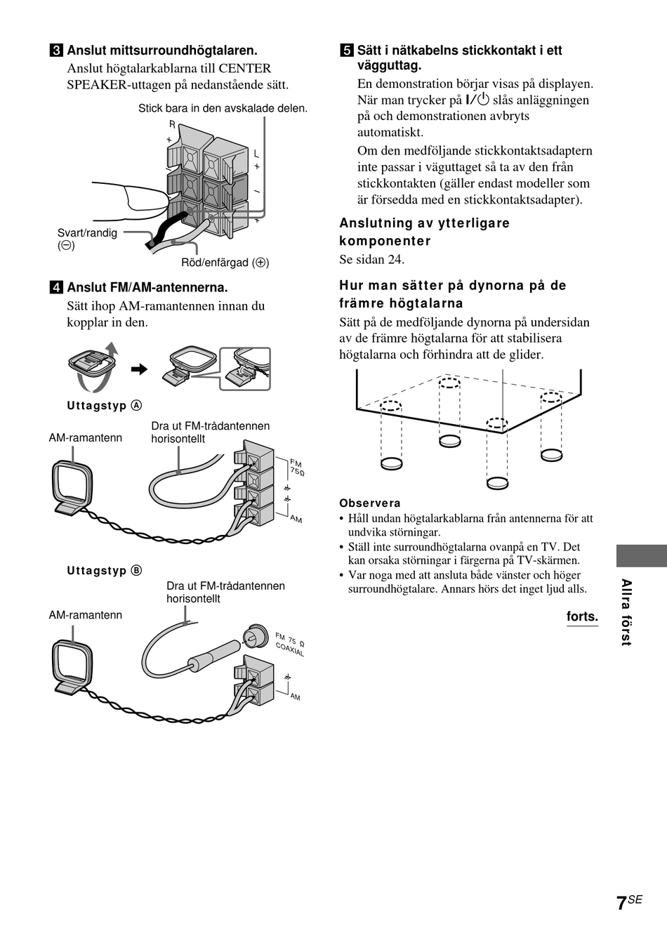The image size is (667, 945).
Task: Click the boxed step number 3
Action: tap(55, 51)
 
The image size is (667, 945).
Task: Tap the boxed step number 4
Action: tap(55, 288)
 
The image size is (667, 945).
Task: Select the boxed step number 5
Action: tap(346, 51)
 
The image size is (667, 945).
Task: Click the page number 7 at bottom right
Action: tap(621, 904)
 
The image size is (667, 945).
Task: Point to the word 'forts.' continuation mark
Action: tap(582, 616)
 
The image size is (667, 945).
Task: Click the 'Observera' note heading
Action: tap(370, 503)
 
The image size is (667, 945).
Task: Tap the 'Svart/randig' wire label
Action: tap(87, 233)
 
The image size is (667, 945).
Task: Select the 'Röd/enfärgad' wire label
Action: tap(225, 263)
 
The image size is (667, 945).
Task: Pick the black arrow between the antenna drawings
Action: tap(140, 369)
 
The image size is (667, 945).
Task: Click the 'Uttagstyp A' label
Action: tap(105, 406)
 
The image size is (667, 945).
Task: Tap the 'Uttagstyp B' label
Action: tap(105, 571)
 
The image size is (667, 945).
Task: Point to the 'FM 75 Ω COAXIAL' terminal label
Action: tap(289, 644)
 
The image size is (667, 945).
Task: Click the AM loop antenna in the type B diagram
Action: tap(72, 664)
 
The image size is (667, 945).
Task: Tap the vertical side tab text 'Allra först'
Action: tap(626, 612)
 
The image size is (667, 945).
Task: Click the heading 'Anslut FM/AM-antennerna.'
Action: tap(147, 288)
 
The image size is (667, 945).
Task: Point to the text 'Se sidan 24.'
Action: tap(372, 259)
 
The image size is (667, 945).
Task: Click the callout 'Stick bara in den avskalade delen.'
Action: tap(223, 108)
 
